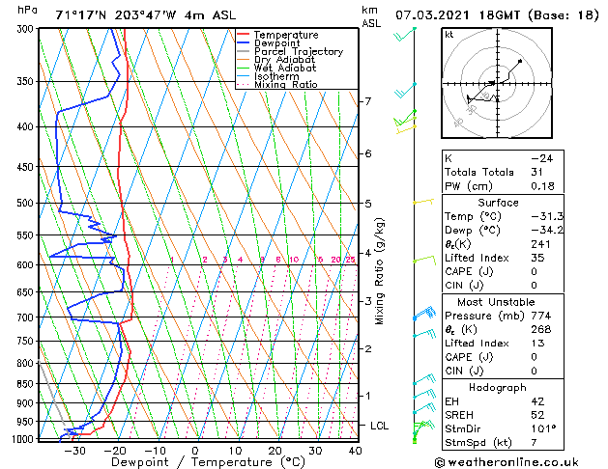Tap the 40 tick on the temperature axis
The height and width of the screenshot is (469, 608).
pyautogui.click(x=355, y=451)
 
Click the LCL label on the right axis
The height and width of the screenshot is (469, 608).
pyautogui.click(x=381, y=426)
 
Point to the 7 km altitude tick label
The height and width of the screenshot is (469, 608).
pyautogui.click(x=367, y=101)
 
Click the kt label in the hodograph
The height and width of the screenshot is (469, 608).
pyautogui.click(x=449, y=34)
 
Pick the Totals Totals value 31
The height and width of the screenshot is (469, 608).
pyautogui.click(x=536, y=172)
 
